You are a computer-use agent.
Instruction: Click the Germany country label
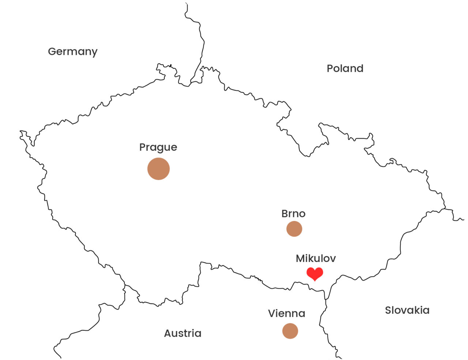click(x=72, y=52)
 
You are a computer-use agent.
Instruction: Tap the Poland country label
click(x=345, y=68)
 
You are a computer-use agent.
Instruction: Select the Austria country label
click(x=182, y=333)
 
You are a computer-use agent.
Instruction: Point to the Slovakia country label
click(x=407, y=310)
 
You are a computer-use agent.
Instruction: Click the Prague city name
click(x=158, y=147)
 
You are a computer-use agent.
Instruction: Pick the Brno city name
click(x=293, y=214)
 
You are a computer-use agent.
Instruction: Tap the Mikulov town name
click(x=316, y=258)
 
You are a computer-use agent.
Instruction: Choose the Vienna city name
click(x=286, y=314)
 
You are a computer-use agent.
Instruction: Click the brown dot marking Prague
click(x=158, y=169)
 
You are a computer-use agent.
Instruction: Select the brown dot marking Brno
click(x=294, y=229)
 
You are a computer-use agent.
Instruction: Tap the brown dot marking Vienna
click(x=290, y=331)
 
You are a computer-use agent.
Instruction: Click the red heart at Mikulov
click(x=314, y=273)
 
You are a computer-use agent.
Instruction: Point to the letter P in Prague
click(x=143, y=147)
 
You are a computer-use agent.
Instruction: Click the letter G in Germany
click(x=52, y=51)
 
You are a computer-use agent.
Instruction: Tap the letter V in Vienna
click(x=272, y=314)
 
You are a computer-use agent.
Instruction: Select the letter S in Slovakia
click(x=388, y=310)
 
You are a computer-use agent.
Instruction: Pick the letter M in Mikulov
click(x=301, y=258)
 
